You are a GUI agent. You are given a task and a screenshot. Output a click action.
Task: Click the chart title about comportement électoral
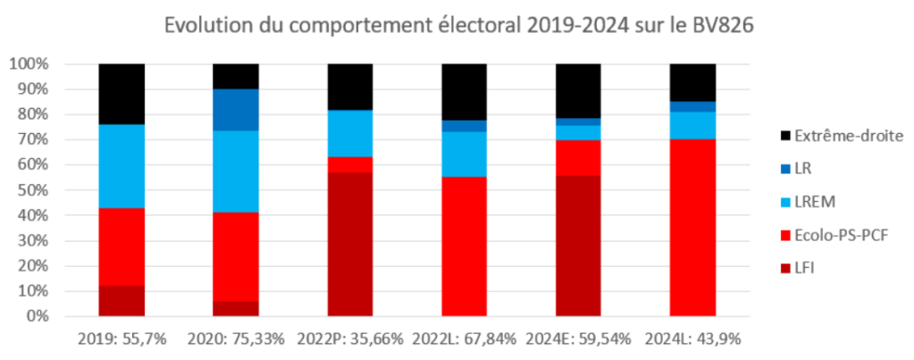pyautogui.click(x=457, y=25)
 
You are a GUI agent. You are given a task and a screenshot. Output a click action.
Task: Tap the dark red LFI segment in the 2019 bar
pyautogui.click(x=122, y=301)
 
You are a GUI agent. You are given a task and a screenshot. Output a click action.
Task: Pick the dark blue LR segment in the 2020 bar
pyautogui.click(x=236, y=110)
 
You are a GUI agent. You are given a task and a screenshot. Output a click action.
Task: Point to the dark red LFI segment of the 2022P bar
pyautogui.click(x=350, y=245)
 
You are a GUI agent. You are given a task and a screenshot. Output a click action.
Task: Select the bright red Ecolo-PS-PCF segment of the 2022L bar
pyautogui.click(x=465, y=247)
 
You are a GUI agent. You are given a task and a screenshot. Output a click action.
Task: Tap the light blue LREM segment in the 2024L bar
pyautogui.click(x=693, y=125)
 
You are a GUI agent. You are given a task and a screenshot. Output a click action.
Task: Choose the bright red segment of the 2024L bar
pyautogui.click(x=693, y=228)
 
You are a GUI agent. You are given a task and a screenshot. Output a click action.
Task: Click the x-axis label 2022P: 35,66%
pyautogui.click(x=350, y=339)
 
